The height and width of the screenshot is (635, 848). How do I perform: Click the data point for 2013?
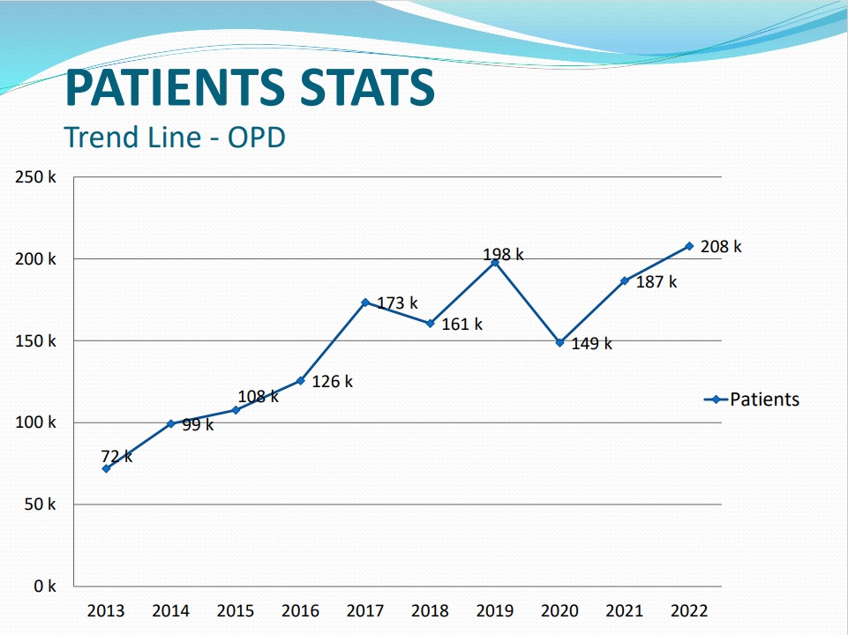[106, 468]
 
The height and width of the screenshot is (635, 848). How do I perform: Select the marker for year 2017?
[365, 303]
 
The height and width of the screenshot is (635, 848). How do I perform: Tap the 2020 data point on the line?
[559, 342]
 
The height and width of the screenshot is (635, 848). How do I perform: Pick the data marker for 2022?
[689, 246]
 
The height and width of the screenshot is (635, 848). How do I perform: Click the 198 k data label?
[503, 255]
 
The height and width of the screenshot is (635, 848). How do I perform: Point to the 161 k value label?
[462, 325]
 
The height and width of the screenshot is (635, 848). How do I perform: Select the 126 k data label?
[332, 382]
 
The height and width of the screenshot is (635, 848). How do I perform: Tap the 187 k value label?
[656, 282]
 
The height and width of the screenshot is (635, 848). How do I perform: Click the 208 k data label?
[721, 247]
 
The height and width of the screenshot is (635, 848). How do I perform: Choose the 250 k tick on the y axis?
[35, 177]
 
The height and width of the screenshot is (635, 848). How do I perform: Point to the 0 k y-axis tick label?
[45, 586]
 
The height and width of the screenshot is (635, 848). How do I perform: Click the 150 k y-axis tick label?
[35, 341]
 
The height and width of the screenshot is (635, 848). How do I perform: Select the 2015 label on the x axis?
[236, 610]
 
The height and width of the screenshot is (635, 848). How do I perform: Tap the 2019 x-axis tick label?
[495, 610]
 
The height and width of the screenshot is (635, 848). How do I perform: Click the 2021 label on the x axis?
[625, 610]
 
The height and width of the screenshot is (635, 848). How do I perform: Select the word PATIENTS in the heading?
[173, 88]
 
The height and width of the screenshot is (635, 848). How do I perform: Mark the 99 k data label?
[197, 425]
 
